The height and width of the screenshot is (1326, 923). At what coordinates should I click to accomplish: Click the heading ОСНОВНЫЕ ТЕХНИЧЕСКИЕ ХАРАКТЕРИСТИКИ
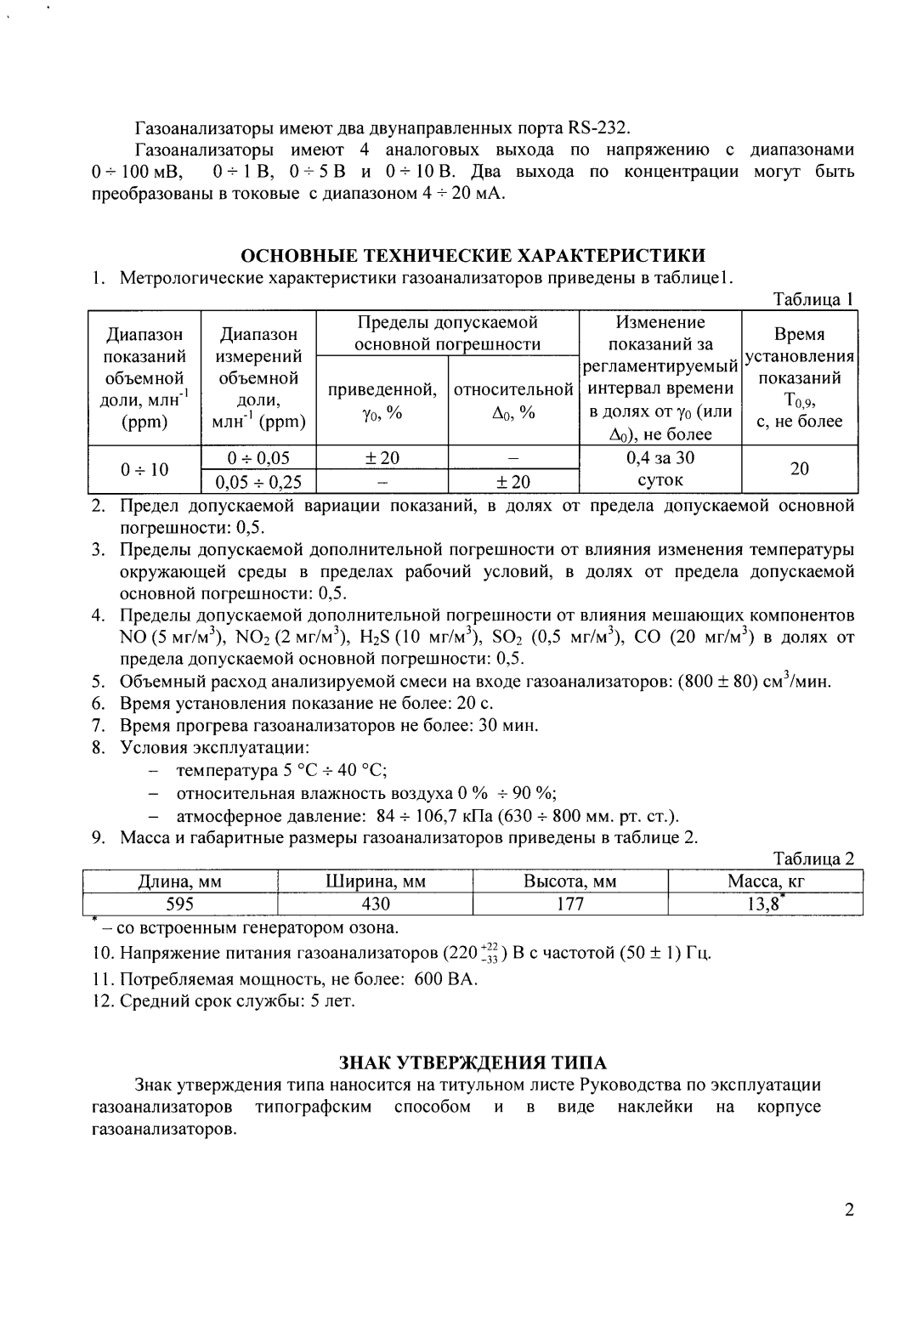click(x=473, y=256)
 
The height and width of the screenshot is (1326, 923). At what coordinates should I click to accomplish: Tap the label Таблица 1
click(x=812, y=299)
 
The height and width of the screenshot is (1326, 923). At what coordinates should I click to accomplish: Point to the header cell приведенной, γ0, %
click(x=382, y=400)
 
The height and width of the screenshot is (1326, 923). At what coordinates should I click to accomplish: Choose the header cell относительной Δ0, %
click(x=513, y=400)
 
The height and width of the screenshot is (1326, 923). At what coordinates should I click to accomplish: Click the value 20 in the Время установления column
click(x=798, y=469)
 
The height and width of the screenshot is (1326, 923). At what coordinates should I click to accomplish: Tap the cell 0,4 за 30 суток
click(x=660, y=469)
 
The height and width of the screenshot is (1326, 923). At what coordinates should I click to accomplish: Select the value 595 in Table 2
click(x=180, y=904)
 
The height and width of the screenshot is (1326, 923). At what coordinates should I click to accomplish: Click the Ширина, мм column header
click(x=376, y=881)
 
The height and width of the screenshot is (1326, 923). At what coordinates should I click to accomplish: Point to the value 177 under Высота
click(x=569, y=904)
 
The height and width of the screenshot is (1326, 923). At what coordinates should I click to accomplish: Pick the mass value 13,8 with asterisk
click(x=764, y=904)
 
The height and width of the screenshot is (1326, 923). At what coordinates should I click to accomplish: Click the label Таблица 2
click(x=813, y=859)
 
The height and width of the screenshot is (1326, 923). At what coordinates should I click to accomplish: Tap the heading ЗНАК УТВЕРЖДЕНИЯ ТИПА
click(x=473, y=1062)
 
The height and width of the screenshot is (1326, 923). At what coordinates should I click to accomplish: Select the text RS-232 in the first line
click(x=598, y=129)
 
